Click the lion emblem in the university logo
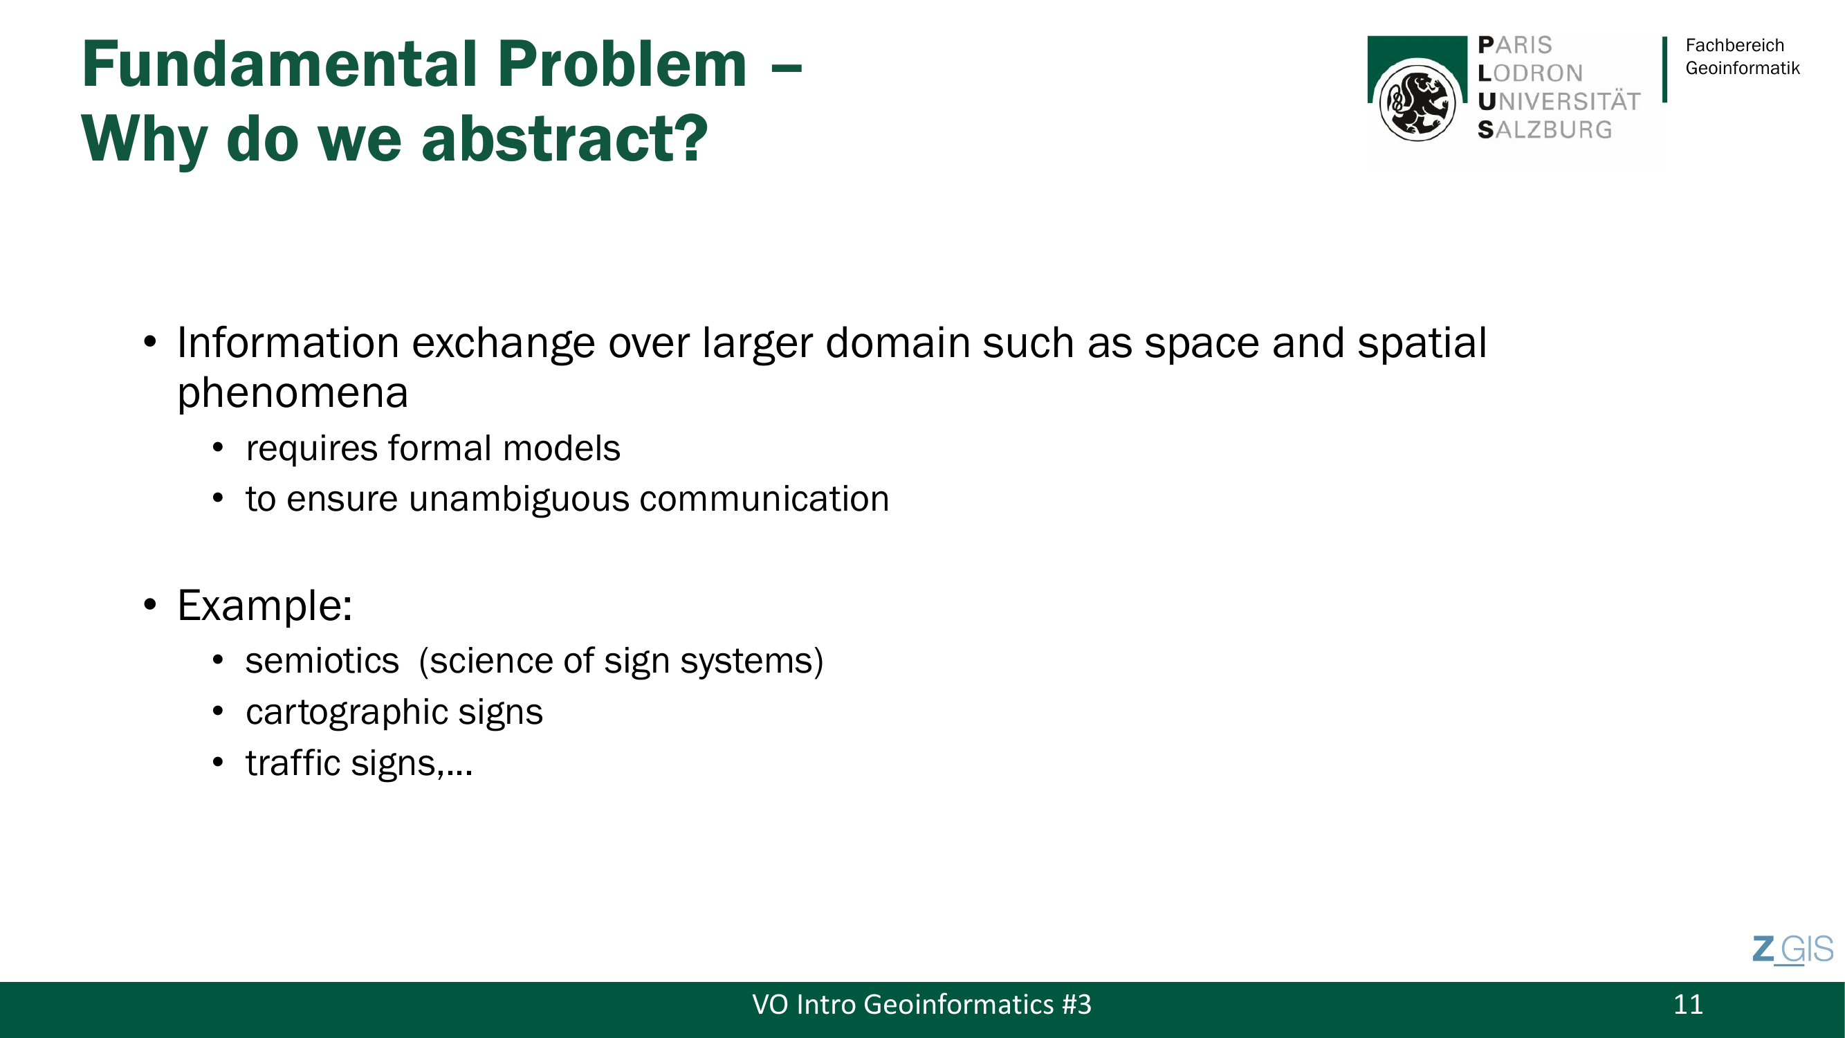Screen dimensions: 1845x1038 [1417, 102]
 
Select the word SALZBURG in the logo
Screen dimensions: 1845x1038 [1545, 129]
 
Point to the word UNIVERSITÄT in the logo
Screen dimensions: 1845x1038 [1559, 101]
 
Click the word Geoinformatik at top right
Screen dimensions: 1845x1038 [1743, 68]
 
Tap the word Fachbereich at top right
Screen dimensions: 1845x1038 [1735, 45]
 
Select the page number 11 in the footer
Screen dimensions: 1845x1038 [1688, 1004]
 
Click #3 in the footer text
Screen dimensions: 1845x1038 [1076, 1004]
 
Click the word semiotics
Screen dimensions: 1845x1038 [322, 660]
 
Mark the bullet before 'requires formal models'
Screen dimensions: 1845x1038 [218, 448]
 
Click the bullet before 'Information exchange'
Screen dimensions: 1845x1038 [149, 342]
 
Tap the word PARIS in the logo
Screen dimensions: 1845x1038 [1515, 45]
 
